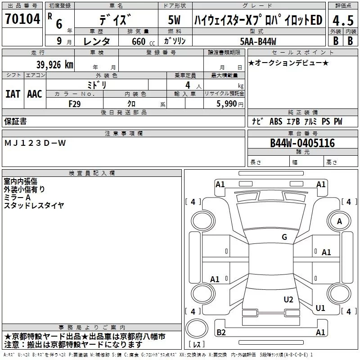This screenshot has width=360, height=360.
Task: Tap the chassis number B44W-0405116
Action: pos(302,143)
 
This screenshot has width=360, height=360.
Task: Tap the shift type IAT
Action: pos(13,94)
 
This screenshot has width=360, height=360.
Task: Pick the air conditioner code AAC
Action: pos(35,94)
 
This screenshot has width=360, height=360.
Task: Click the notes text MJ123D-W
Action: pos(35,143)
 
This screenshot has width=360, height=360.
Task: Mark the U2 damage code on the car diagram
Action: pos(288,300)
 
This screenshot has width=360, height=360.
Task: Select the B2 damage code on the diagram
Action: pos(221,333)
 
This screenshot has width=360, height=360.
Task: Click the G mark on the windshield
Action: pos(284,237)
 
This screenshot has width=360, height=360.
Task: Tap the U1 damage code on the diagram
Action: pos(320,308)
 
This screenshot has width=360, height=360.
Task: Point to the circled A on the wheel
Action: pos(340,221)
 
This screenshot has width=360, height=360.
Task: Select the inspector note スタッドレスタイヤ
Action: pos(34,206)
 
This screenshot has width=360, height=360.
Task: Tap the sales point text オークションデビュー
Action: pos(288,63)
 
